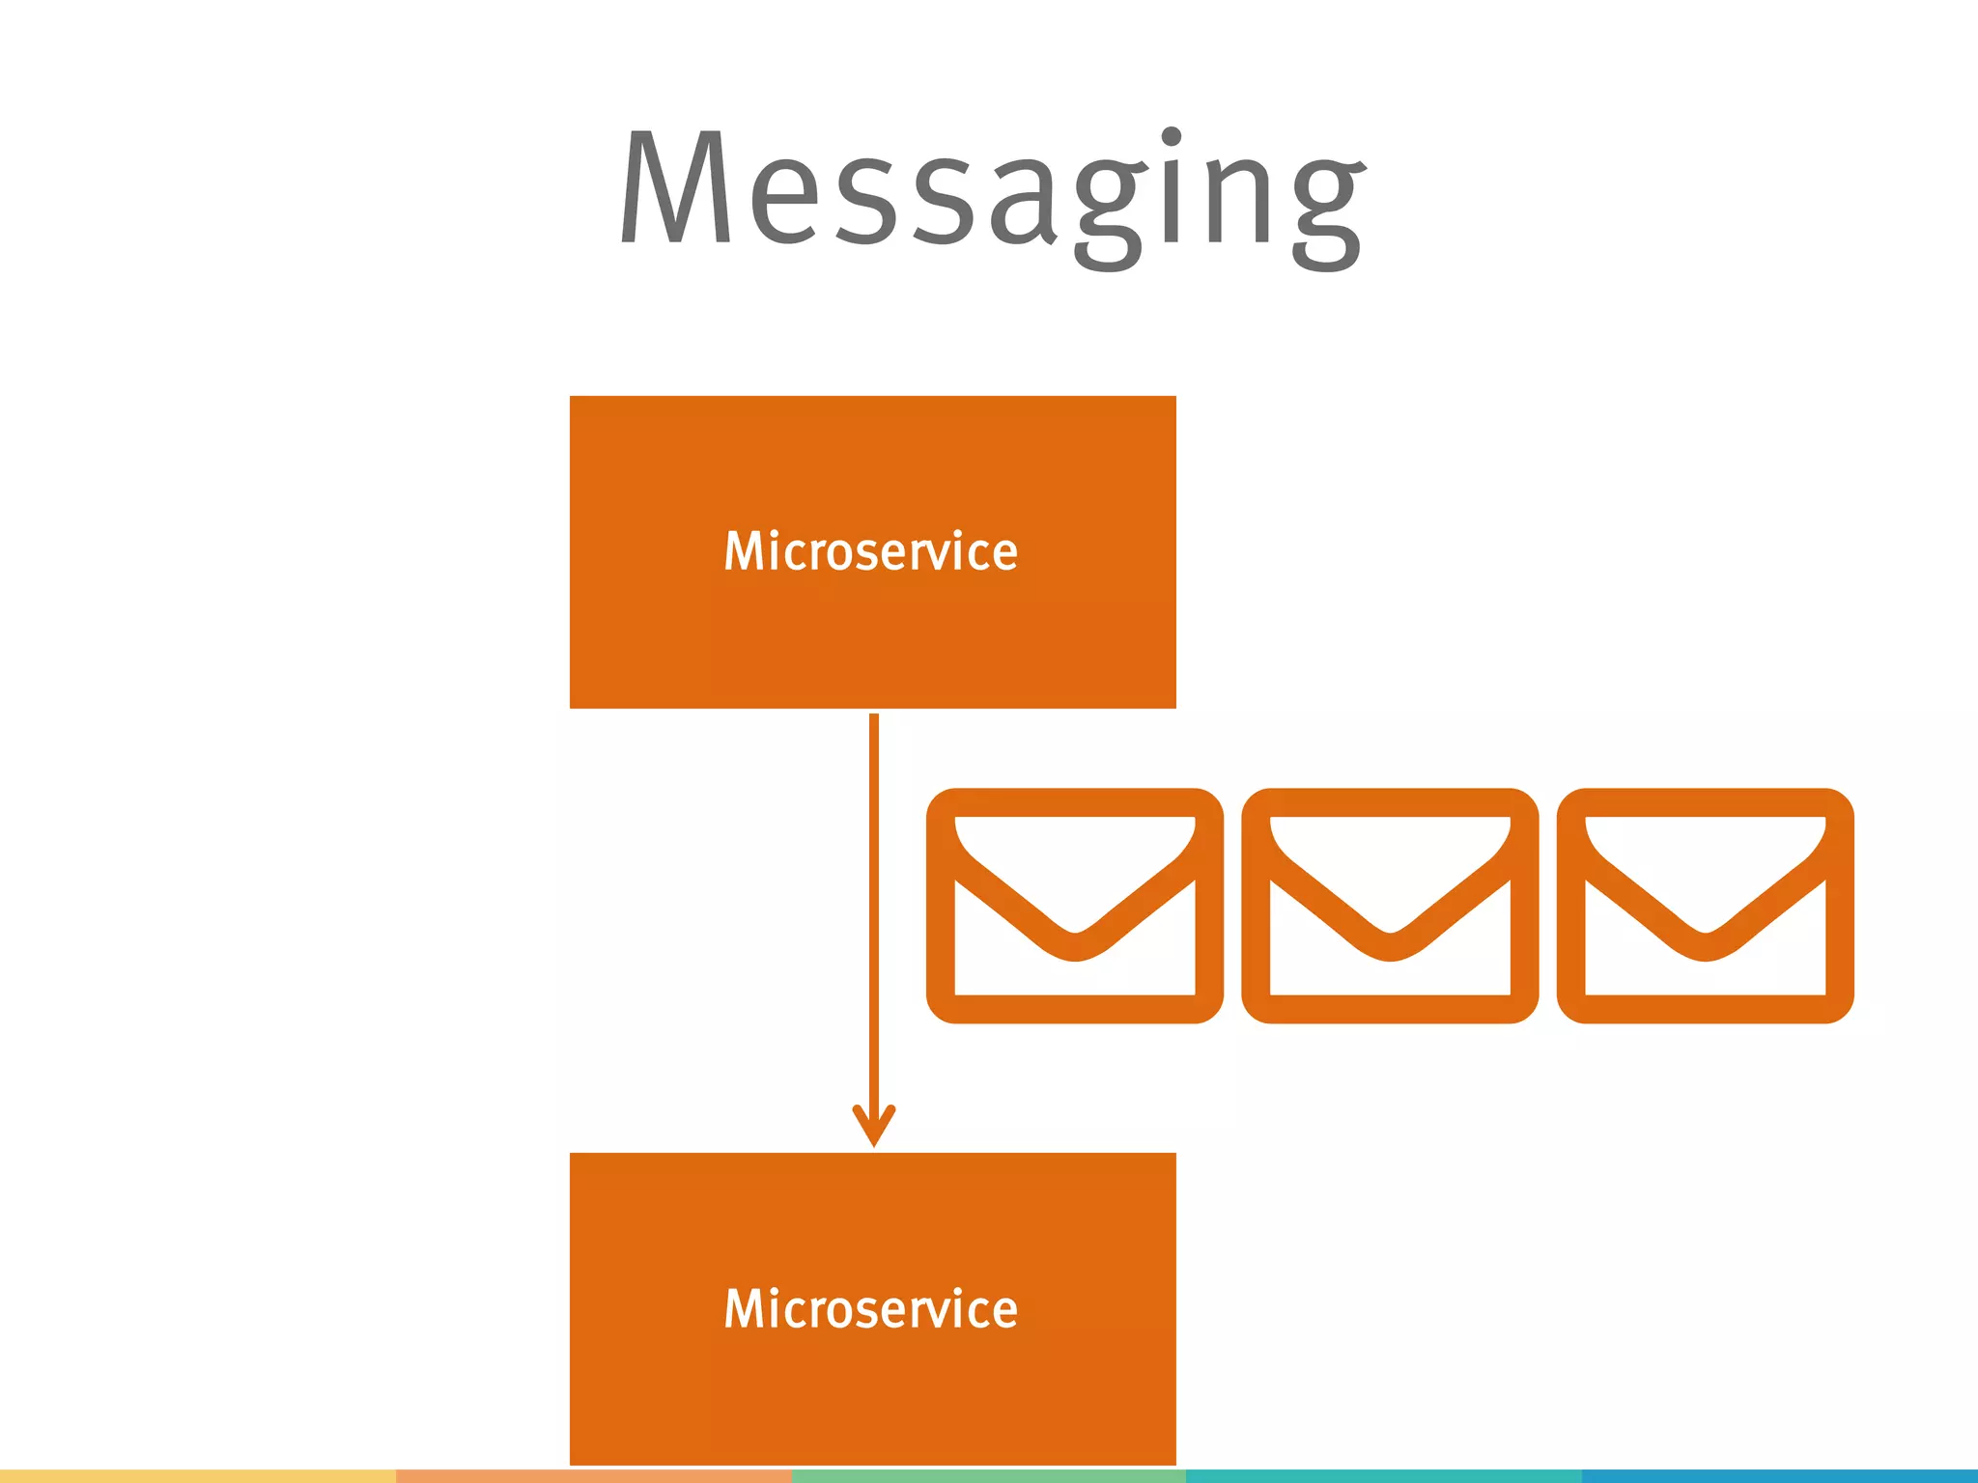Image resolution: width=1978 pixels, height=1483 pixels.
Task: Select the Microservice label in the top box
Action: coord(871,552)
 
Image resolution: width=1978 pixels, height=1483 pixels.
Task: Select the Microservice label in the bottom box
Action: coord(871,1310)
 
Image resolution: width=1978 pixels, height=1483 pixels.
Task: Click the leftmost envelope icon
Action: coord(1074,906)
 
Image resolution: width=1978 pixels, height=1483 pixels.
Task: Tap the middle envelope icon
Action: coord(1390,906)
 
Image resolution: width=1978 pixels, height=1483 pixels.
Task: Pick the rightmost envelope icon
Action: coord(1706,906)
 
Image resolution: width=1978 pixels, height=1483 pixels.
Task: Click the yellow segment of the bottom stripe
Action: coord(197,1476)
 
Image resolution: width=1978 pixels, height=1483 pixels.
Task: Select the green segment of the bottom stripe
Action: coord(988,1476)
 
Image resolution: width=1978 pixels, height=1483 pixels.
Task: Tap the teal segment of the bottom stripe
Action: coord(1383,1476)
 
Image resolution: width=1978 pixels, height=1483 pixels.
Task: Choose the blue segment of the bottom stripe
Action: coord(1779,1476)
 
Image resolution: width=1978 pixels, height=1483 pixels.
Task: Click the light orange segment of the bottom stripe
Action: coord(593,1476)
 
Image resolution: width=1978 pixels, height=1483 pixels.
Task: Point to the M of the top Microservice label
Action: coord(743,552)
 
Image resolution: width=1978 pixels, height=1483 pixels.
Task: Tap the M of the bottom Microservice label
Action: coord(743,1310)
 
